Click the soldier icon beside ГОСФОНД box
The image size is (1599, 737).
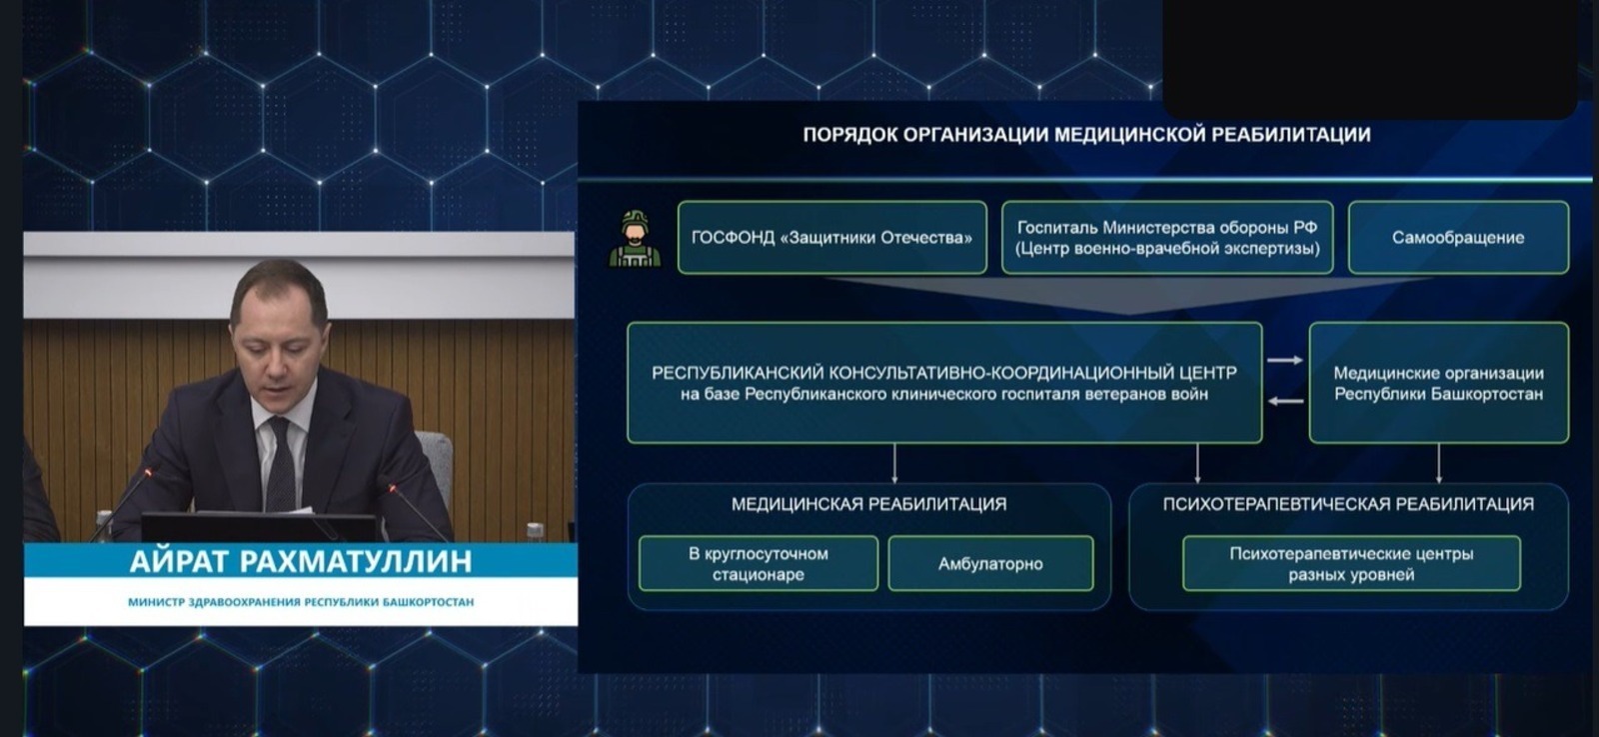(x=635, y=239)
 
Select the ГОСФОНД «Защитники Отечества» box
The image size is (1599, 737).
(x=831, y=238)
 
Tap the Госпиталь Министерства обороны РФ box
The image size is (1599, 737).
(x=1166, y=238)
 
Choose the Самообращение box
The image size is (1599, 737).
(x=1457, y=238)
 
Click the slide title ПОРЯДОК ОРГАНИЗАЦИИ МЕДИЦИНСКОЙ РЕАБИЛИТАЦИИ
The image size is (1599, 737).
(x=1086, y=135)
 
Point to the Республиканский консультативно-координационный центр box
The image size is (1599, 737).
(x=943, y=383)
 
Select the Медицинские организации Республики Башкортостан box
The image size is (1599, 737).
(x=1438, y=383)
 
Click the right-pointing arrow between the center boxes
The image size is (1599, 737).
(x=1285, y=360)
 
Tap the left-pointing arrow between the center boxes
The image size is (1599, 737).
(x=1285, y=401)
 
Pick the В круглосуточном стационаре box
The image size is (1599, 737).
(x=758, y=564)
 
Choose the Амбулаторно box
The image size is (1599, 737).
(x=989, y=564)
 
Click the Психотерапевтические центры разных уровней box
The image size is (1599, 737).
(x=1350, y=564)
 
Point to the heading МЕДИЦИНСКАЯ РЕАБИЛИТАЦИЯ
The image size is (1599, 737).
(x=868, y=505)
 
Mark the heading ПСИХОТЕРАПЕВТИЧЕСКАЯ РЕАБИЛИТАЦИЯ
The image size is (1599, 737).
(x=1347, y=505)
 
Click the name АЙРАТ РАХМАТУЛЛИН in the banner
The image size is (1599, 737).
(x=300, y=561)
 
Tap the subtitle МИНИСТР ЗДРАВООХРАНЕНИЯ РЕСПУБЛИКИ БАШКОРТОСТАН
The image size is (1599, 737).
(x=300, y=602)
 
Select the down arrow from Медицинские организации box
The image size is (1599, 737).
(x=1438, y=463)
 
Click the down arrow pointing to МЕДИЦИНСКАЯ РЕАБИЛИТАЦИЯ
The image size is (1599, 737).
(x=894, y=463)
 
